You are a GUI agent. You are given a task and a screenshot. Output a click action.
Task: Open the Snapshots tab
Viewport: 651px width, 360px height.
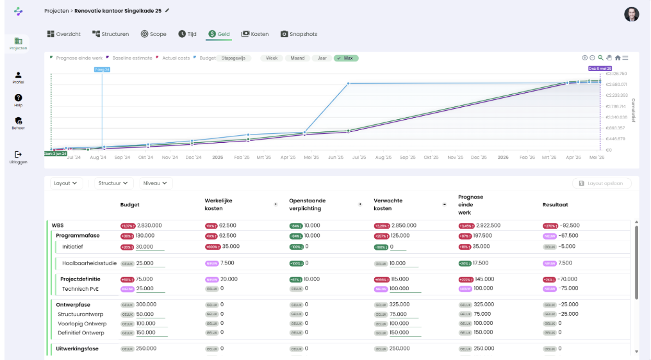(x=299, y=34)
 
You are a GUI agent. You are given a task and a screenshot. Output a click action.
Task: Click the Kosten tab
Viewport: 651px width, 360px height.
(x=255, y=34)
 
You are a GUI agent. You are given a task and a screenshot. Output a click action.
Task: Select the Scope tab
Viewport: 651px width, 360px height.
(x=153, y=34)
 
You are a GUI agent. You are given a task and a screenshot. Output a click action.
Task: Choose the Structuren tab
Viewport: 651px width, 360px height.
(x=111, y=34)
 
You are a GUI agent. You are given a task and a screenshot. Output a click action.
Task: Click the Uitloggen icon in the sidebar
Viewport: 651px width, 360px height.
(x=18, y=154)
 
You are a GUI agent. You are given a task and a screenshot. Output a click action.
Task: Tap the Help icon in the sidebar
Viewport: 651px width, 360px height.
(x=18, y=97)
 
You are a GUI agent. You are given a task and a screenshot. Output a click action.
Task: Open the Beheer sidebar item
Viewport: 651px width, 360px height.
(x=18, y=120)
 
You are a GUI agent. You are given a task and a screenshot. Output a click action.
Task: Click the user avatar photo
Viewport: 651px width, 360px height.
(x=631, y=14)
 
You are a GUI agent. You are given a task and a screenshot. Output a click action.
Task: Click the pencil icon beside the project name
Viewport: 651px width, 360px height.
(x=168, y=11)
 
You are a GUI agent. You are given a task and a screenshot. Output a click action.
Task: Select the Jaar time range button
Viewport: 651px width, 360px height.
(x=322, y=58)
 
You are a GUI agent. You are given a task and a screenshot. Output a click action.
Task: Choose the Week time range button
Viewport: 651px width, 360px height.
(x=272, y=58)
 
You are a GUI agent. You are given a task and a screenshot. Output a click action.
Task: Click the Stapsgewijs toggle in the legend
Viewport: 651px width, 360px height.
(x=233, y=58)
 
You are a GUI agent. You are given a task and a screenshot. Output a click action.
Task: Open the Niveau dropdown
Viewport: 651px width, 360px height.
(x=156, y=183)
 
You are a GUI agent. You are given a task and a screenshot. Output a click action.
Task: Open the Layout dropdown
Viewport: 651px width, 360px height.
(x=67, y=183)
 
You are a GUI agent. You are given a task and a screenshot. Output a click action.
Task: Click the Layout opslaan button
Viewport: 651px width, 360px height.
(x=602, y=184)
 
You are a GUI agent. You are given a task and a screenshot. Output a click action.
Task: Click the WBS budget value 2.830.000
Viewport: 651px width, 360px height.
(x=149, y=225)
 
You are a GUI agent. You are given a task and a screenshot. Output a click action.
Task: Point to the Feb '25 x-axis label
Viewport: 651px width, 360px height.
(x=242, y=157)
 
